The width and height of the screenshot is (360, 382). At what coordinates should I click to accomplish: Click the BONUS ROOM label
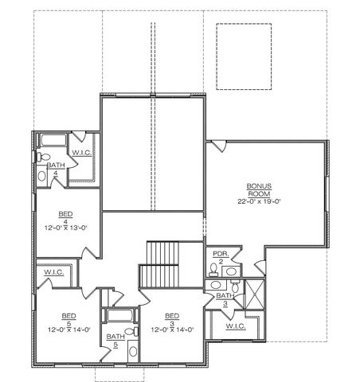coord(259,189)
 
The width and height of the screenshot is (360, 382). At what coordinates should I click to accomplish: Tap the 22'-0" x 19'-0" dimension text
coord(259,202)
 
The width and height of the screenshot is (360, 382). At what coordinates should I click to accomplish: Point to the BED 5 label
coord(68,318)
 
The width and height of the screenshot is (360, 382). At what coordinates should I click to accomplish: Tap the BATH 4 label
coord(55,169)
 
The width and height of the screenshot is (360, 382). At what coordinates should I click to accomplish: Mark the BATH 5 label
coord(115,340)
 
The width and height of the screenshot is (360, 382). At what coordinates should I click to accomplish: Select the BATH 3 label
coord(225,299)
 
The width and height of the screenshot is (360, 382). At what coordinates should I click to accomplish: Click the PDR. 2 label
coord(221,258)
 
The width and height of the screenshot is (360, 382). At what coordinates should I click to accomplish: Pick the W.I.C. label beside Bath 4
coord(82,152)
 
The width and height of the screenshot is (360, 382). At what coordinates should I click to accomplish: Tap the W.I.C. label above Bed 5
coord(54,272)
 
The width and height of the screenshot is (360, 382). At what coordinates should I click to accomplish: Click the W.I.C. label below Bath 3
coord(235,325)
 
